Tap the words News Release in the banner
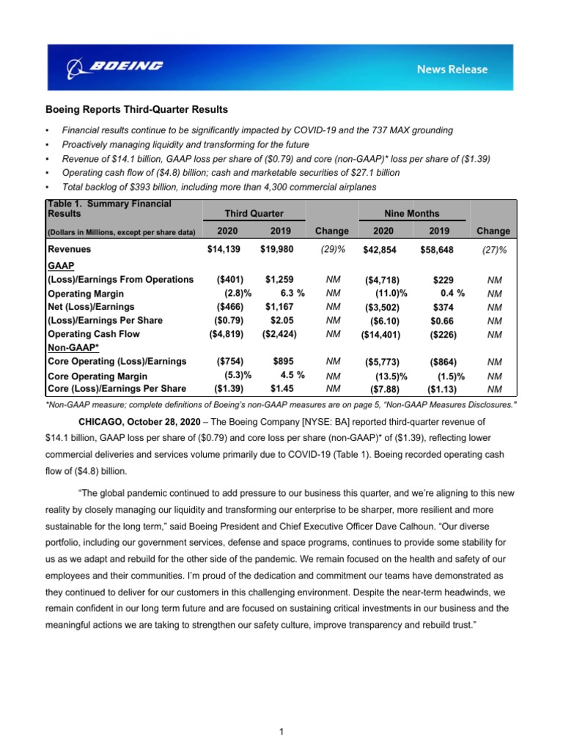pyautogui.click(x=452, y=69)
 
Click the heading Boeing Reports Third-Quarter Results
pyautogui.click(x=137, y=109)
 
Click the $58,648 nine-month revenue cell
pyautogui.click(x=434, y=250)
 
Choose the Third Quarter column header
pyautogui.click(x=254, y=213)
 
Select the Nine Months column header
pyautogui.click(x=411, y=213)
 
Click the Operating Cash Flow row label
pyautogui.click(x=93, y=334)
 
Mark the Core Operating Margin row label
pyautogui.click(x=97, y=376)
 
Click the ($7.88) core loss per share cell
pyautogui.click(x=384, y=388)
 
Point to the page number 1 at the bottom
pyautogui.click(x=281, y=731)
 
